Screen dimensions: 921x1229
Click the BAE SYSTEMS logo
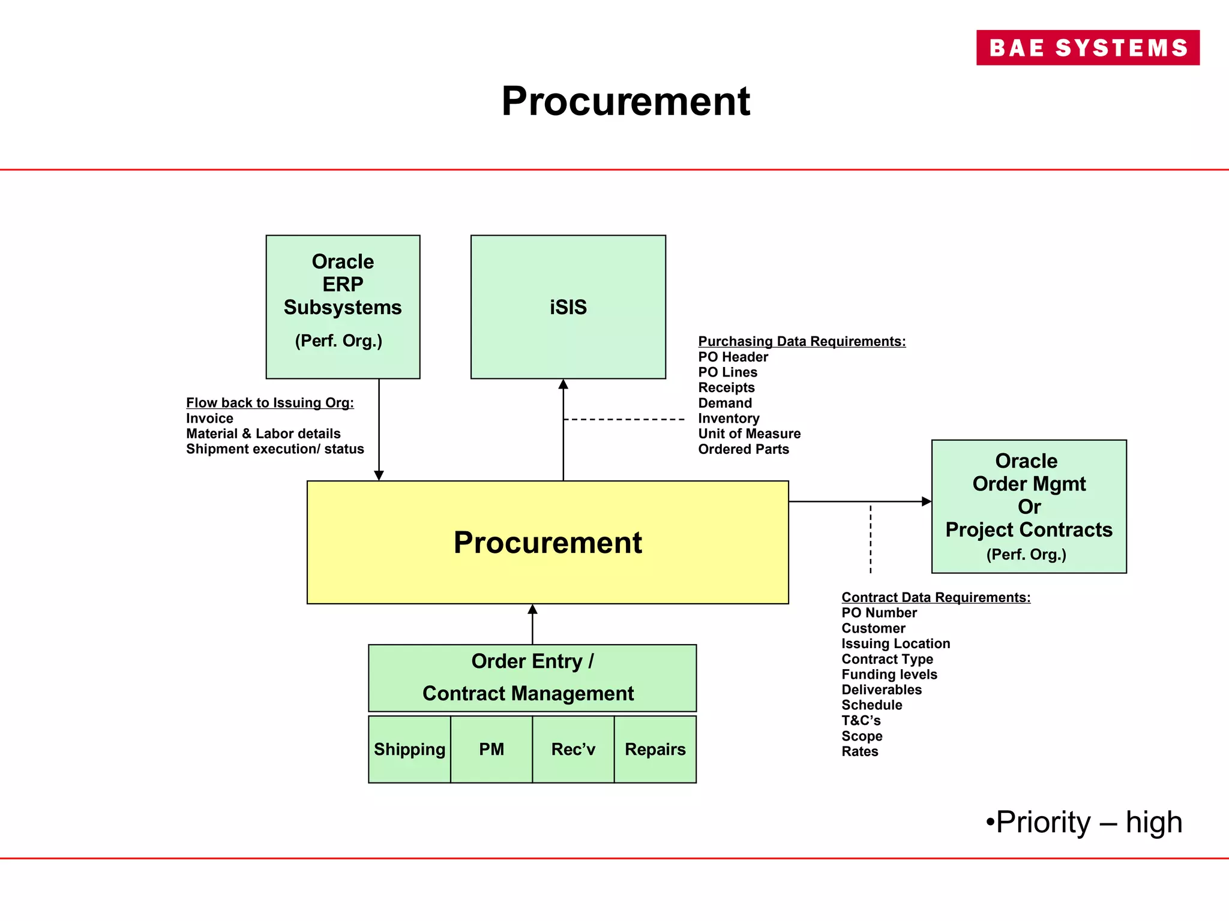coord(1087,47)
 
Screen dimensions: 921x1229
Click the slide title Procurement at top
coord(625,101)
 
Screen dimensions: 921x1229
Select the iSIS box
coord(568,306)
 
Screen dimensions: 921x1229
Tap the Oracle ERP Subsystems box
coord(343,306)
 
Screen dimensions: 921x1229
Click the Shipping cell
coord(409,749)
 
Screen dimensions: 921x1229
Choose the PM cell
coord(491,749)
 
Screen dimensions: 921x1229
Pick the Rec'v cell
coord(573,749)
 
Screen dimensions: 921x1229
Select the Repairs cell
coord(655,749)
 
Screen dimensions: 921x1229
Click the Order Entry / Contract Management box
coord(532,678)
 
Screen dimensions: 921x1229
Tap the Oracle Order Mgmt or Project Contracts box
coord(1029,506)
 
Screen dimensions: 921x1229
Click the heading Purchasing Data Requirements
coord(802,341)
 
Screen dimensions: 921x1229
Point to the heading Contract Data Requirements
coord(936,597)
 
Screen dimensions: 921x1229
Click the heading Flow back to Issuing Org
coord(269,402)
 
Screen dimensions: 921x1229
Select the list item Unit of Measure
coord(749,434)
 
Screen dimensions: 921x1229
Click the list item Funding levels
coord(889,674)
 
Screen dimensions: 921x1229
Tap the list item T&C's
coord(861,720)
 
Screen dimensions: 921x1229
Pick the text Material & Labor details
coord(263,434)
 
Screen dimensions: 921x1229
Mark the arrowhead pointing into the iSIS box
coord(563,384)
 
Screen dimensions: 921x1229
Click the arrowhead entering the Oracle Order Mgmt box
coord(926,501)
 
